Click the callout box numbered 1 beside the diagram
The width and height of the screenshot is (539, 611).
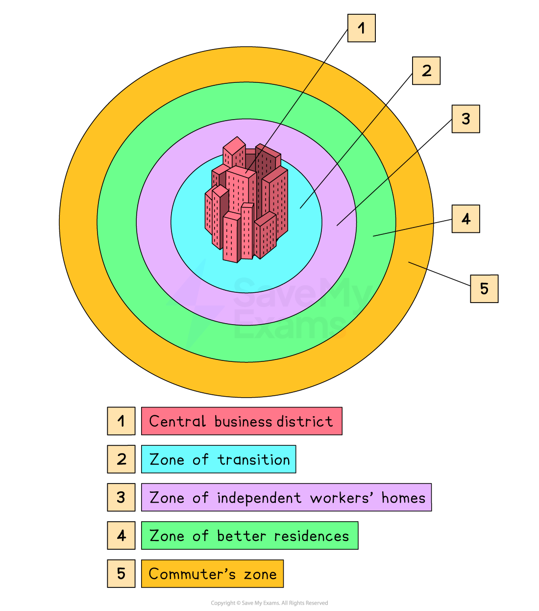coord(362,28)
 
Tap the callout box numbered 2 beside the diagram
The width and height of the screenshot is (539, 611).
coord(426,71)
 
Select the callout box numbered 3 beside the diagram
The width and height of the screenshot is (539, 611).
coord(465,119)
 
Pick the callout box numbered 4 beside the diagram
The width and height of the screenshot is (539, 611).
coord(465,219)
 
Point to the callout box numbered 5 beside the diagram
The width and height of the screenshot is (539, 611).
coord(484,288)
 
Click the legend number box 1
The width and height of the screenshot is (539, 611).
coord(121,421)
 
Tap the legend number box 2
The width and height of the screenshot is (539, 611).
coord(121,459)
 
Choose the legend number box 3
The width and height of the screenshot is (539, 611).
coord(121,497)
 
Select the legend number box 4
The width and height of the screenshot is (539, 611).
coord(121,535)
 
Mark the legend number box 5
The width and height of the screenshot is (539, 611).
coord(121,574)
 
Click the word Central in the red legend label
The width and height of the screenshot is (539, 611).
coord(177,421)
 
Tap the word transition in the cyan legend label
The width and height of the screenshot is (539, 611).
coord(254,459)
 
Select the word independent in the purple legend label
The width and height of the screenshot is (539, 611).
coord(259,498)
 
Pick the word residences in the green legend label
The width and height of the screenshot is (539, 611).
coord(312,536)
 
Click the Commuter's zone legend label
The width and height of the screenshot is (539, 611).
coord(212,574)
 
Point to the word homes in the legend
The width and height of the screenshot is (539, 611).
coord(403,498)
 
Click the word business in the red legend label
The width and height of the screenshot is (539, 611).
coord(244,421)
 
